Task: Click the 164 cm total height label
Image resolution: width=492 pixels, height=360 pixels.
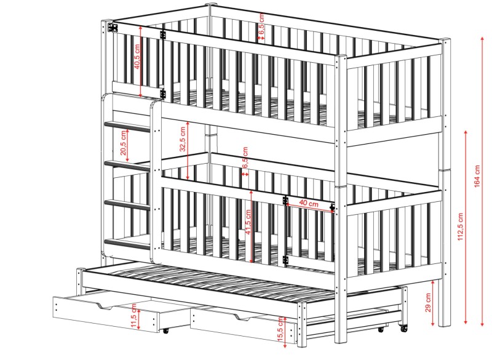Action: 477,176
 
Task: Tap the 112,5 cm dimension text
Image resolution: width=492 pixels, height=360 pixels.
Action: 460,227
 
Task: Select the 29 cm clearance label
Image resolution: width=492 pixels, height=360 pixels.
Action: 427,303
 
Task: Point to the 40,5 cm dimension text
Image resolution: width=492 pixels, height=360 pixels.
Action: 137,57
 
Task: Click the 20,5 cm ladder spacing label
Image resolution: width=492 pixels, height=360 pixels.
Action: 124,143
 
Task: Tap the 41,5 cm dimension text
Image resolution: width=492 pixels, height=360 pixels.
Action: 248,222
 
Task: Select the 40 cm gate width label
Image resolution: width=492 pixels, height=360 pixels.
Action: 309,203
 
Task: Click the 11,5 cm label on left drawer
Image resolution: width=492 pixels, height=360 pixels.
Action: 134,316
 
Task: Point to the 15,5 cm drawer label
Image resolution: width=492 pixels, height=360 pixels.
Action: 281,329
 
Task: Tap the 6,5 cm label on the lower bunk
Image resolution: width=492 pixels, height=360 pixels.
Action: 245,158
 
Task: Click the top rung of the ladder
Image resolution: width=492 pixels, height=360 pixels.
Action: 127,127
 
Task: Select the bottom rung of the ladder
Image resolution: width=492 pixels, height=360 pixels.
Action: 127,244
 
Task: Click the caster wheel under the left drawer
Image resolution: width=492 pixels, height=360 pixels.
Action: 165,330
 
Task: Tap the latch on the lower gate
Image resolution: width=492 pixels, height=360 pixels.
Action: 332,207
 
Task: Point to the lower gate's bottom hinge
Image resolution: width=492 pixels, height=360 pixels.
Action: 285,260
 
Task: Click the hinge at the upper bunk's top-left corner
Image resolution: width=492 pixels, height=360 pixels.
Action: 113,27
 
